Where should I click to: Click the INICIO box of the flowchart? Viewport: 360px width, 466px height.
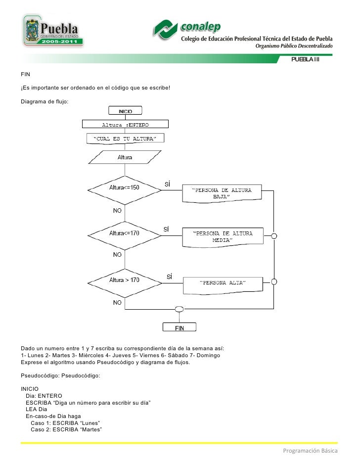pyautogui.click(x=125, y=111)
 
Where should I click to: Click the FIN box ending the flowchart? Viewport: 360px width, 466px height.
pyautogui.click(x=180, y=327)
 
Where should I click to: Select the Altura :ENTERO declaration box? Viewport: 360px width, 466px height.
pyautogui.click(x=125, y=124)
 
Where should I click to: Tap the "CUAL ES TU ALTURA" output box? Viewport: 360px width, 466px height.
pyautogui.click(x=125, y=139)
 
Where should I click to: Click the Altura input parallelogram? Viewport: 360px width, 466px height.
pyautogui.click(x=125, y=158)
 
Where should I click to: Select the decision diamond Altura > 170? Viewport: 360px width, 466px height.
pyautogui.click(x=125, y=280)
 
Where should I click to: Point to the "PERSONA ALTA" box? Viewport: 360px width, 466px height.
pyautogui.click(x=223, y=283)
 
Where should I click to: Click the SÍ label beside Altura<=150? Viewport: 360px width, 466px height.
pyautogui.click(x=167, y=185)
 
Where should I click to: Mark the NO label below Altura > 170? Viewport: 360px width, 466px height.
pyautogui.click(x=118, y=302)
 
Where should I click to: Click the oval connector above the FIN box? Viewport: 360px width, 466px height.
pyautogui.click(x=180, y=310)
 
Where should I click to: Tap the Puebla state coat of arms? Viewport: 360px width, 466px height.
pyautogui.click(x=31, y=31)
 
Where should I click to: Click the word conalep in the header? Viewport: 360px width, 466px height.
pyautogui.click(x=201, y=26)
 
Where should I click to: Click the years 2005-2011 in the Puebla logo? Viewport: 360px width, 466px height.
pyautogui.click(x=59, y=42)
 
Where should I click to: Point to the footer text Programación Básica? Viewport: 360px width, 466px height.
pyautogui.click(x=310, y=451)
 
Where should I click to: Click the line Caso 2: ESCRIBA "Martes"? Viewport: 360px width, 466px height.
pyautogui.click(x=66, y=430)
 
